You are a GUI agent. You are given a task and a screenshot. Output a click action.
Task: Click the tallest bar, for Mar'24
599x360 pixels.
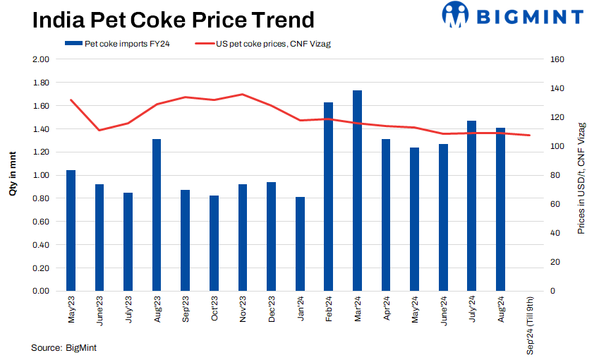357,191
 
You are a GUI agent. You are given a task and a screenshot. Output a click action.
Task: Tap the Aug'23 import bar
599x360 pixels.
157,215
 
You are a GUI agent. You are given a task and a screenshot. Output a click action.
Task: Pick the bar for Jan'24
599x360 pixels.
300,244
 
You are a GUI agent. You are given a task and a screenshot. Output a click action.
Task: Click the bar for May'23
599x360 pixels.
71,230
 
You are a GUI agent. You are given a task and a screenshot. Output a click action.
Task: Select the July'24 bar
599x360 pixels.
471,205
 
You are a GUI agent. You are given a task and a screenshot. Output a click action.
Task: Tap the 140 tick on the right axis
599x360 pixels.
556,88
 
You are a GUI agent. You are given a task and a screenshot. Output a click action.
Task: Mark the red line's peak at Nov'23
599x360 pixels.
242,94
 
